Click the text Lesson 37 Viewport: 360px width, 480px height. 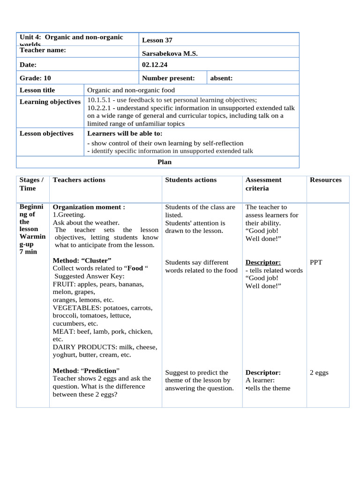pyautogui.click(x=157, y=40)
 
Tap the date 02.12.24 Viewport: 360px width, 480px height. pyautogui.click(x=154, y=65)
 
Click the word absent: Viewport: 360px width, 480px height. pyautogui.click(x=221, y=78)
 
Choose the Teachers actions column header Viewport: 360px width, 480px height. pyautogui.click(x=79, y=180)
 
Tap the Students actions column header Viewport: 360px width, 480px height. pyautogui.click(x=191, y=180)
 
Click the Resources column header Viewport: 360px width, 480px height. pyautogui.click(x=325, y=180)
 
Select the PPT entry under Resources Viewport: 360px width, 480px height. pyautogui.click(x=316, y=262)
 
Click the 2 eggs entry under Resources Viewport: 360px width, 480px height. pyautogui.click(x=319, y=373)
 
